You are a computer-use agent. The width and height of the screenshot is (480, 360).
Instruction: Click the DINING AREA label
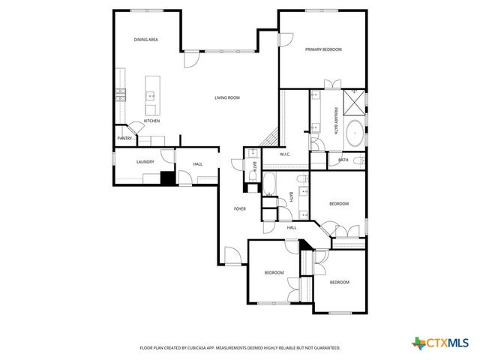pyautogui.click(x=145, y=39)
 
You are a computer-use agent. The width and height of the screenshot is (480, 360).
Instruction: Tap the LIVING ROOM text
pyautogui.click(x=226, y=97)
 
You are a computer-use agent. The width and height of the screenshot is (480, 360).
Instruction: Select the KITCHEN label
pyautogui.click(x=152, y=121)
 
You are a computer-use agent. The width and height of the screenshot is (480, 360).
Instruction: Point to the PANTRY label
pyautogui.click(x=124, y=138)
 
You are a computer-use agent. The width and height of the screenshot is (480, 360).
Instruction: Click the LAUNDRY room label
pyautogui.click(x=145, y=161)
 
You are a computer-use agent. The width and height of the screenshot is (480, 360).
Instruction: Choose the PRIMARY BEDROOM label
pyautogui.click(x=323, y=49)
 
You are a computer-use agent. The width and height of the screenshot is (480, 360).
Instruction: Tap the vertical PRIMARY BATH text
pyautogui.click(x=337, y=121)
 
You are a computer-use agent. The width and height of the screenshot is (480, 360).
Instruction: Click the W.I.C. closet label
pyautogui.click(x=285, y=154)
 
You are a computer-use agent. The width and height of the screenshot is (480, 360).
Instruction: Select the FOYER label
pyautogui.click(x=240, y=208)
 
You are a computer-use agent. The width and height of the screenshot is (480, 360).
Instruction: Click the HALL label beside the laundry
pyautogui.click(x=197, y=164)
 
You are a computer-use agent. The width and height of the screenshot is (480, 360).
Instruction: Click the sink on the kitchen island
pyautogui.click(x=151, y=95)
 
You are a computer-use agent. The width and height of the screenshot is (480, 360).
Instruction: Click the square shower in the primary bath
pyautogui.click(x=355, y=99)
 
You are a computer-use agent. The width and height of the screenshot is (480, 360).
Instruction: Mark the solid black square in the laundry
pyautogui.click(x=168, y=178)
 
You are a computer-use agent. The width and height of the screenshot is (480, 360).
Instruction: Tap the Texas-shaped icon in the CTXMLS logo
pyautogui.click(x=417, y=343)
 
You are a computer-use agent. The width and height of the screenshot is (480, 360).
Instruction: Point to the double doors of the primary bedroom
pyautogui.click(x=332, y=84)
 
